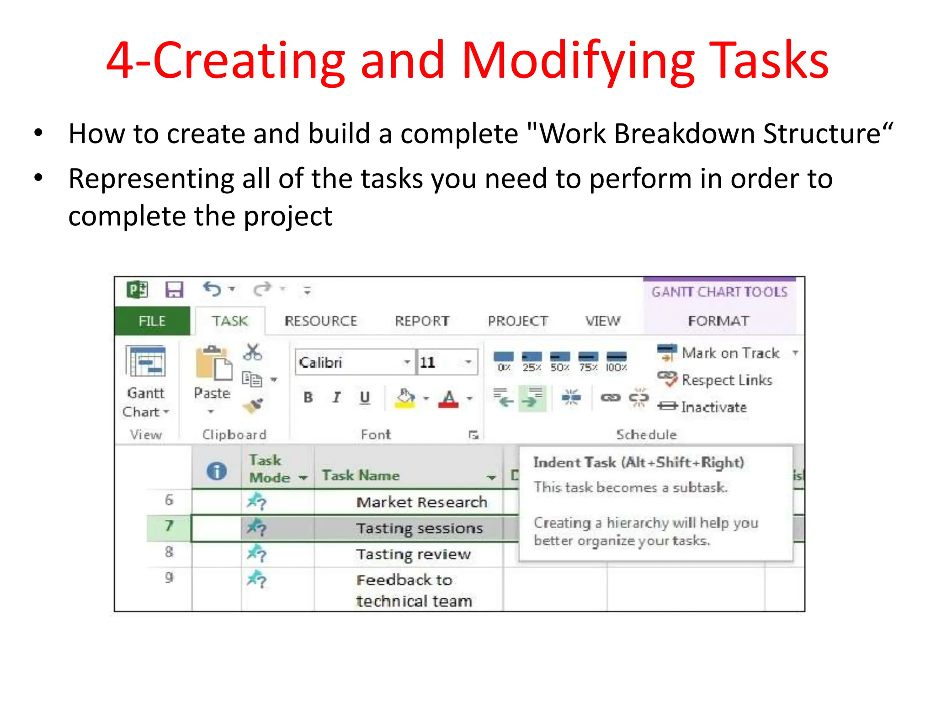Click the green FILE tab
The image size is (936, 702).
click(152, 321)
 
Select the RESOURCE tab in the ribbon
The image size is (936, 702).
click(320, 321)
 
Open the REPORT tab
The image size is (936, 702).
click(422, 321)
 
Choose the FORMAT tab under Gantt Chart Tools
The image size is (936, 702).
click(718, 321)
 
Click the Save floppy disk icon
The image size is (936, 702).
click(174, 290)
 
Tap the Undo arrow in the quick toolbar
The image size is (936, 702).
click(213, 289)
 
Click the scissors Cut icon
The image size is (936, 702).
click(252, 352)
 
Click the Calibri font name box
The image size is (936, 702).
click(350, 362)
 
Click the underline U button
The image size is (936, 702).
click(364, 397)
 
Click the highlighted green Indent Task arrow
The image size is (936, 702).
click(532, 398)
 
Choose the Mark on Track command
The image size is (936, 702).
click(730, 353)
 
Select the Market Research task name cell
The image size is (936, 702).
click(421, 502)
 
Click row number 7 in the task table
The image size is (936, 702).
click(169, 526)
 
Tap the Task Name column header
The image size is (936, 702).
click(361, 475)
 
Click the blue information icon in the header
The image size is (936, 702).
click(217, 471)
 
